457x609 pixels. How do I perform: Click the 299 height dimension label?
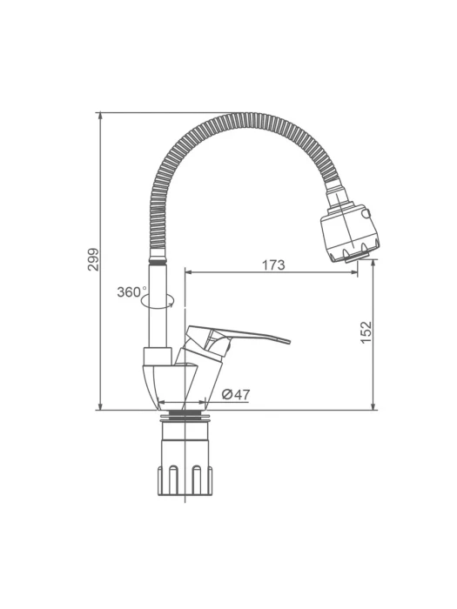pyautogui.click(x=93, y=259)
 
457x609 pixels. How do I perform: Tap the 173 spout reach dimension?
pyautogui.click(x=273, y=264)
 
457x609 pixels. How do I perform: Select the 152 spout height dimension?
pyautogui.click(x=366, y=332)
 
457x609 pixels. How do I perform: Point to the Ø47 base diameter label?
pyautogui.click(x=236, y=395)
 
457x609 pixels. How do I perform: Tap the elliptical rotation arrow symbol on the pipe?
pyautogui.click(x=158, y=301)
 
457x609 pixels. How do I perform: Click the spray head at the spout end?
pyautogui.click(x=350, y=233)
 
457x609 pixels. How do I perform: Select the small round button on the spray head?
pyautogui.click(x=366, y=213)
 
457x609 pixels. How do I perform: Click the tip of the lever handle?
pyautogui.click(x=289, y=341)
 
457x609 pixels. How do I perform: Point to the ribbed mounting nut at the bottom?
pyautogui.click(x=185, y=480)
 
